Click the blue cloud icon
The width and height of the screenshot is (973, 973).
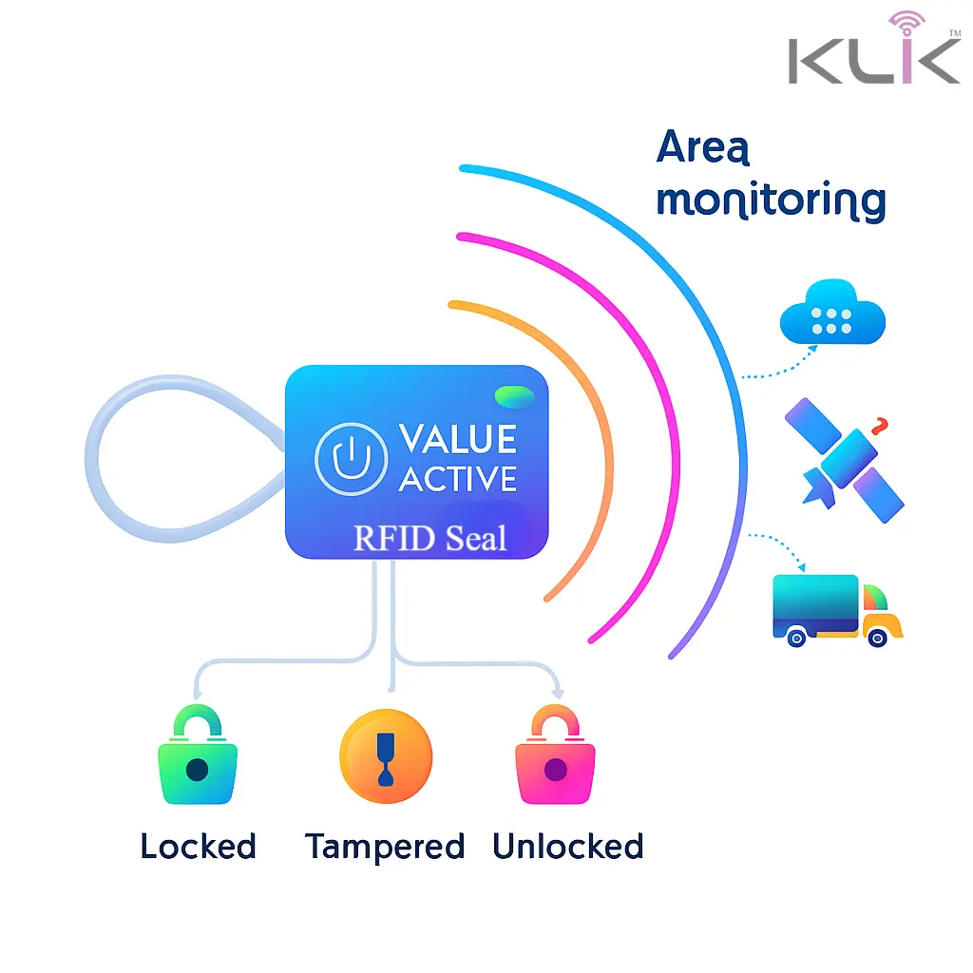click(x=832, y=314)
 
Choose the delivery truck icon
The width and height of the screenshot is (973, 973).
click(x=836, y=609)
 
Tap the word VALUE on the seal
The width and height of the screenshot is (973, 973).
click(x=458, y=439)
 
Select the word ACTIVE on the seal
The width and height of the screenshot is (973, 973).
click(x=458, y=479)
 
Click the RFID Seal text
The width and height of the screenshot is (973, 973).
click(x=429, y=539)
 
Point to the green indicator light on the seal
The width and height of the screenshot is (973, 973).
click(x=514, y=394)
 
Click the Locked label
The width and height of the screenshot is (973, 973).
click(x=198, y=847)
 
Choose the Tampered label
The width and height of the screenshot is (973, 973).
click(x=385, y=847)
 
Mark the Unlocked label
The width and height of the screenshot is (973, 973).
click(x=568, y=847)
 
